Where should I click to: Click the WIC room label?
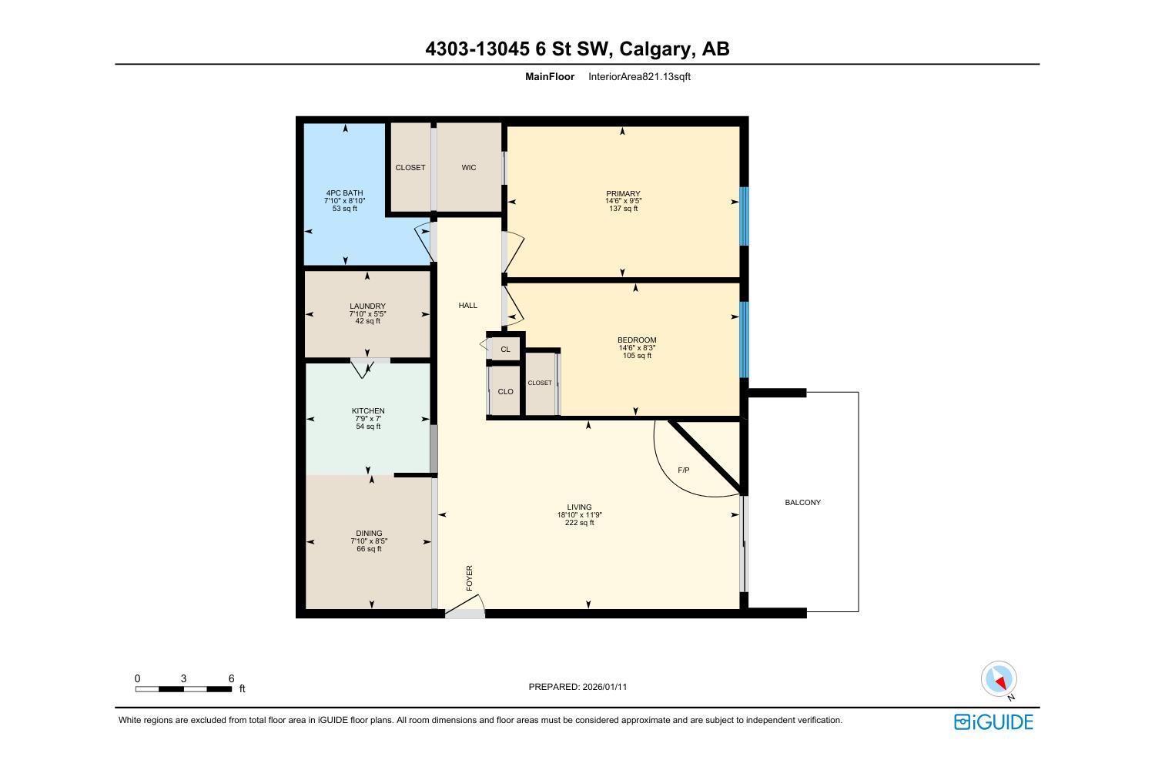pyautogui.click(x=468, y=168)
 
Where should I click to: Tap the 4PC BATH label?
pyautogui.click(x=344, y=193)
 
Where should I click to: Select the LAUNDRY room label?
pyautogui.click(x=367, y=306)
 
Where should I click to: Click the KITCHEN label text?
pyautogui.click(x=367, y=411)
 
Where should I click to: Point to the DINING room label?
pyautogui.click(x=369, y=534)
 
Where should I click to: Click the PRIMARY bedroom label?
pyautogui.click(x=623, y=194)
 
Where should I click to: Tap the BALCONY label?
pyautogui.click(x=802, y=503)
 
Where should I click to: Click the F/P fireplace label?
pyautogui.click(x=683, y=470)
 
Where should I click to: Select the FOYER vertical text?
pyautogui.click(x=470, y=578)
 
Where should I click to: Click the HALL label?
pyautogui.click(x=467, y=306)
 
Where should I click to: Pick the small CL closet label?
pyautogui.click(x=505, y=350)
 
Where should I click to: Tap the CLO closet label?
pyautogui.click(x=505, y=392)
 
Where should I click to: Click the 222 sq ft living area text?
pyautogui.click(x=579, y=523)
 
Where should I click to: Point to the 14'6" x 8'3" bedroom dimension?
pyautogui.click(x=637, y=348)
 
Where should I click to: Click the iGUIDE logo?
pyautogui.click(x=993, y=721)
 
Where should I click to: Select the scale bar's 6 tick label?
pyautogui.click(x=231, y=678)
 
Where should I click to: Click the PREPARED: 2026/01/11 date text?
pyautogui.click(x=577, y=687)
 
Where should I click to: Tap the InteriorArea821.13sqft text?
pyautogui.click(x=639, y=77)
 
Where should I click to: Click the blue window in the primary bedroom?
pyautogui.click(x=744, y=216)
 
